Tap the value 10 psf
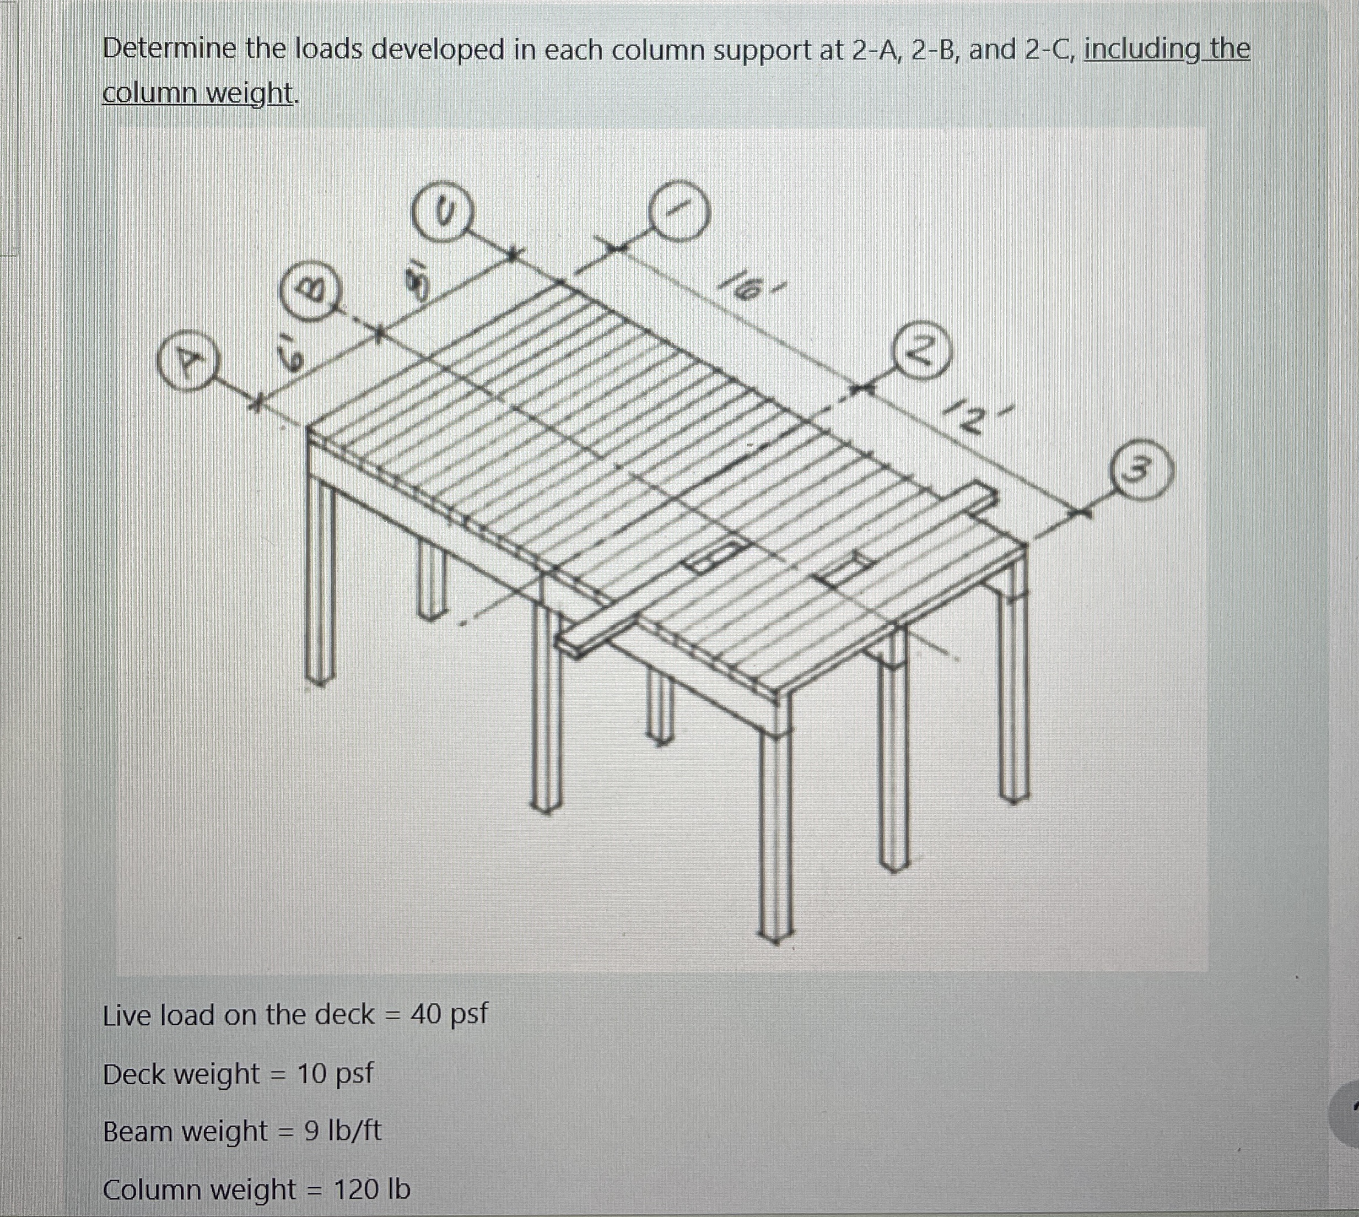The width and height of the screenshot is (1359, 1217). pos(335,1073)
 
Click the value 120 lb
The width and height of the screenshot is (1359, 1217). pos(372,1189)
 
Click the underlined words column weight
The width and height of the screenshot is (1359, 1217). pos(198,94)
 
